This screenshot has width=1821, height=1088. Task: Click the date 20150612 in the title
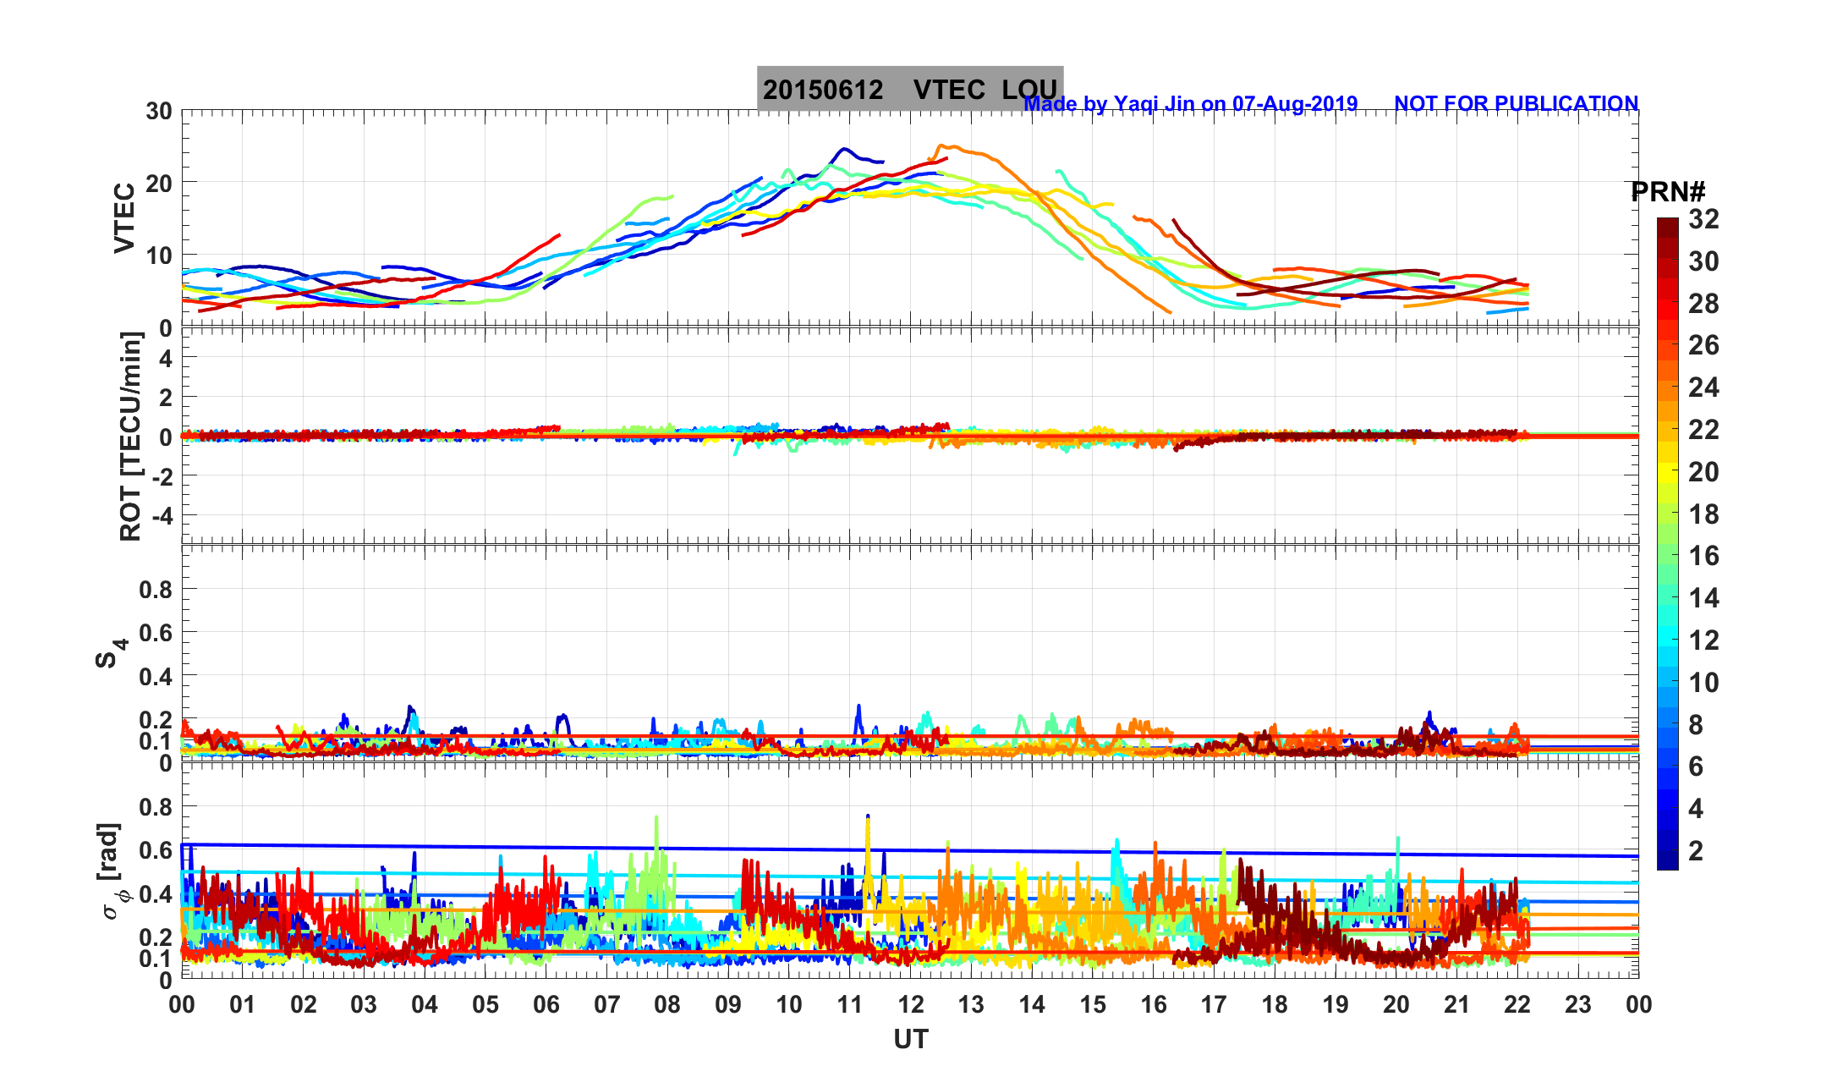[823, 90]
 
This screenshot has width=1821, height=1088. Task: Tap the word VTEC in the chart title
[949, 90]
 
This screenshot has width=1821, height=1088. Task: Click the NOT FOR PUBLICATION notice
[1516, 103]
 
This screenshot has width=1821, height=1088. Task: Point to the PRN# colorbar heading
[1668, 192]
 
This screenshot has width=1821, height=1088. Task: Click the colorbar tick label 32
[1703, 219]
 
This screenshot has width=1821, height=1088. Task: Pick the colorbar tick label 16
[1703, 556]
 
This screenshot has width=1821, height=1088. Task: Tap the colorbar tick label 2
[1696, 850]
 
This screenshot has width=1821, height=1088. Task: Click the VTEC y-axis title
[124, 217]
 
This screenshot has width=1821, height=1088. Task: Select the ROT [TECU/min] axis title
[130, 437]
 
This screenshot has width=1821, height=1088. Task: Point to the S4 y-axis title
[110, 652]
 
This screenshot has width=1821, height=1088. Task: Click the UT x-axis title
[911, 1039]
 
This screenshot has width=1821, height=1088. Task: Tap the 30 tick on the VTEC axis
[158, 111]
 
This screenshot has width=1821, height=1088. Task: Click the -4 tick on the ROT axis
[161, 515]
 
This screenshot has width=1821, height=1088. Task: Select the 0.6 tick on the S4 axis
[155, 632]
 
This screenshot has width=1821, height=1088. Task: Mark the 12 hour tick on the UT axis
[911, 1005]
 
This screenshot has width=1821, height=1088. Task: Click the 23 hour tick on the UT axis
[1578, 1005]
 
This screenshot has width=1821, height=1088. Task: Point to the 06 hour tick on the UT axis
[546, 1005]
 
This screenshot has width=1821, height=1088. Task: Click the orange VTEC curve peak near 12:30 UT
[944, 146]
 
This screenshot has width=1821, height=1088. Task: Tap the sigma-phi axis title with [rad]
[112, 871]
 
